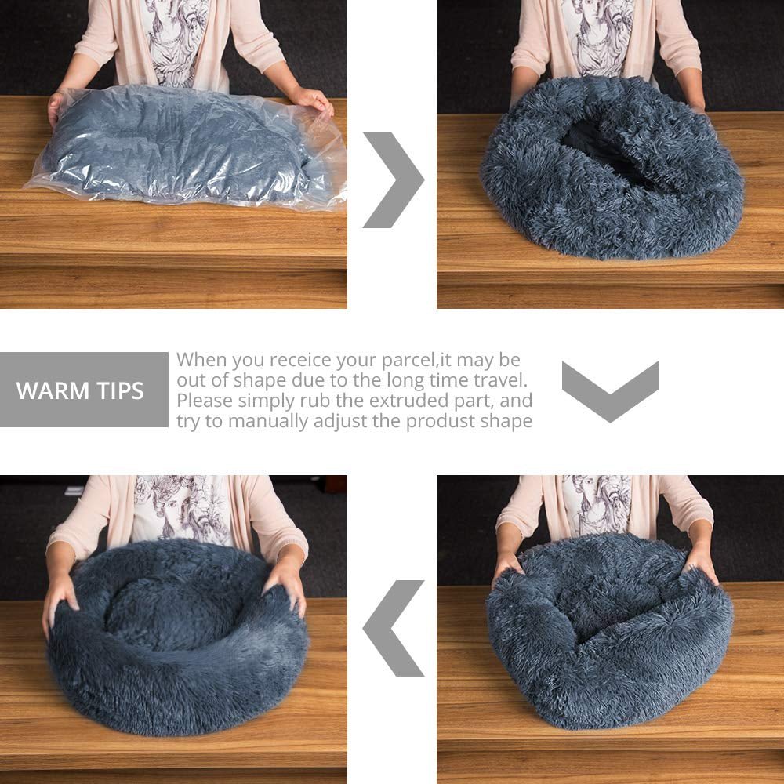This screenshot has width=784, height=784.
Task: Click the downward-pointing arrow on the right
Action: pos(610,390)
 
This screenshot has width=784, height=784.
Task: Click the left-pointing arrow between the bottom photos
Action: pos(393,628)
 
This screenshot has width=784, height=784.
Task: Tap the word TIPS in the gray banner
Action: pos(120,391)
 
